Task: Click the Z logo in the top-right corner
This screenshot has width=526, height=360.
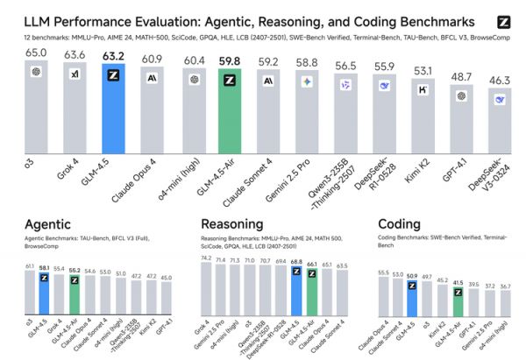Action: coord(503,22)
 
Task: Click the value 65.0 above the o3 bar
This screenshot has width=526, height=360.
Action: coord(36,53)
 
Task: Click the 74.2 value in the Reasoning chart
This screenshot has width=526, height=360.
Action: coord(207,260)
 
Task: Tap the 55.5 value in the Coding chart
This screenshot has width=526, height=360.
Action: coord(382,273)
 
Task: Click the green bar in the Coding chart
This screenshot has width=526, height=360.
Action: coord(458,304)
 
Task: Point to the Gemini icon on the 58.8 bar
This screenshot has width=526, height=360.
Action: coord(306,81)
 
